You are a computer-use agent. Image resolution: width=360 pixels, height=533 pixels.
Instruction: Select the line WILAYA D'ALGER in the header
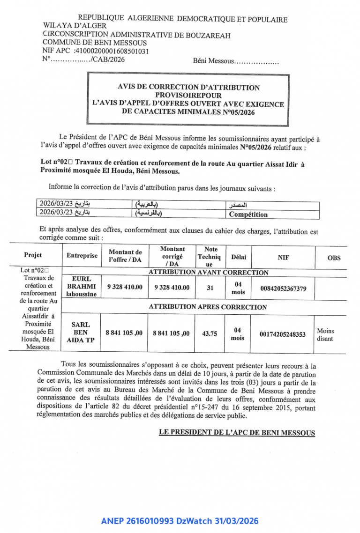pos(75,26)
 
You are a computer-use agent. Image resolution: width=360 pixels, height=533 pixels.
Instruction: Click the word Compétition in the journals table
pos(248,215)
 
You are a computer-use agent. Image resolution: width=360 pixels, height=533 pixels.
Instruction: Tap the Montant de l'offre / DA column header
pos(125,256)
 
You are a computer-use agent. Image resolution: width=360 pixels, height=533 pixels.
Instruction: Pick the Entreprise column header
pos(82,256)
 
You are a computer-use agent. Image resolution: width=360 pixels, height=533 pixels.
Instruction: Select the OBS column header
pos(334,258)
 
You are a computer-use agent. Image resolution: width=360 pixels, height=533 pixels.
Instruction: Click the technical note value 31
pos(210,288)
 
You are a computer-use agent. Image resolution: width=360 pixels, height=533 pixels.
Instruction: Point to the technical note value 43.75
pos(210,333)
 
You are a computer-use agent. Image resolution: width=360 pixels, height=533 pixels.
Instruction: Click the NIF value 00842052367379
pos(284,289)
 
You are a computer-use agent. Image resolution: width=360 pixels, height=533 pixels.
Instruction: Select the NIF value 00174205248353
pos(283,334)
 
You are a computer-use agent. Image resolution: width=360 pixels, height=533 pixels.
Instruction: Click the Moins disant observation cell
pos(325,334)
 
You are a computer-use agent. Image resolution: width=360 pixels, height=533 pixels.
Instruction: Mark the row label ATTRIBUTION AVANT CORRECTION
pos(208,273)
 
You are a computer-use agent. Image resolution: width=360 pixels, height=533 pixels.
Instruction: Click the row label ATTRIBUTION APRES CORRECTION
pos(208,307)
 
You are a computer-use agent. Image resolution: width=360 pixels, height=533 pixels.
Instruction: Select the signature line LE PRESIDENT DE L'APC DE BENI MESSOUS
pos(237,433)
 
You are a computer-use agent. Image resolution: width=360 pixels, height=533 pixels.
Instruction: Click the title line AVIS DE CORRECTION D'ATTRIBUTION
pos(188,88)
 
